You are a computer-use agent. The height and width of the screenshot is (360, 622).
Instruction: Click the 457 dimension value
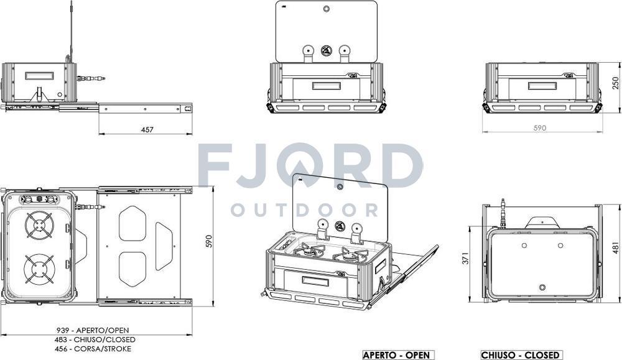147,129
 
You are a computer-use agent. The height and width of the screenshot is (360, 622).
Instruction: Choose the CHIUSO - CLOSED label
521,355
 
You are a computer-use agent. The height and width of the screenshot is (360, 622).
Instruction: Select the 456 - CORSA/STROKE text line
93,349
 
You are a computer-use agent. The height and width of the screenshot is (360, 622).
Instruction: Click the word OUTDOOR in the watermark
304,210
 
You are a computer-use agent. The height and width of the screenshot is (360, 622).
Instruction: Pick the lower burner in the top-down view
39,269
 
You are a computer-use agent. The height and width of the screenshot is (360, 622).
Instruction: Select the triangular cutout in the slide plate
164,247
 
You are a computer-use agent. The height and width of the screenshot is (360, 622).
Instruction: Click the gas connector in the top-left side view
90,79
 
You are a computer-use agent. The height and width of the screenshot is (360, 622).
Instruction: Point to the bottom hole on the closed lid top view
542,287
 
